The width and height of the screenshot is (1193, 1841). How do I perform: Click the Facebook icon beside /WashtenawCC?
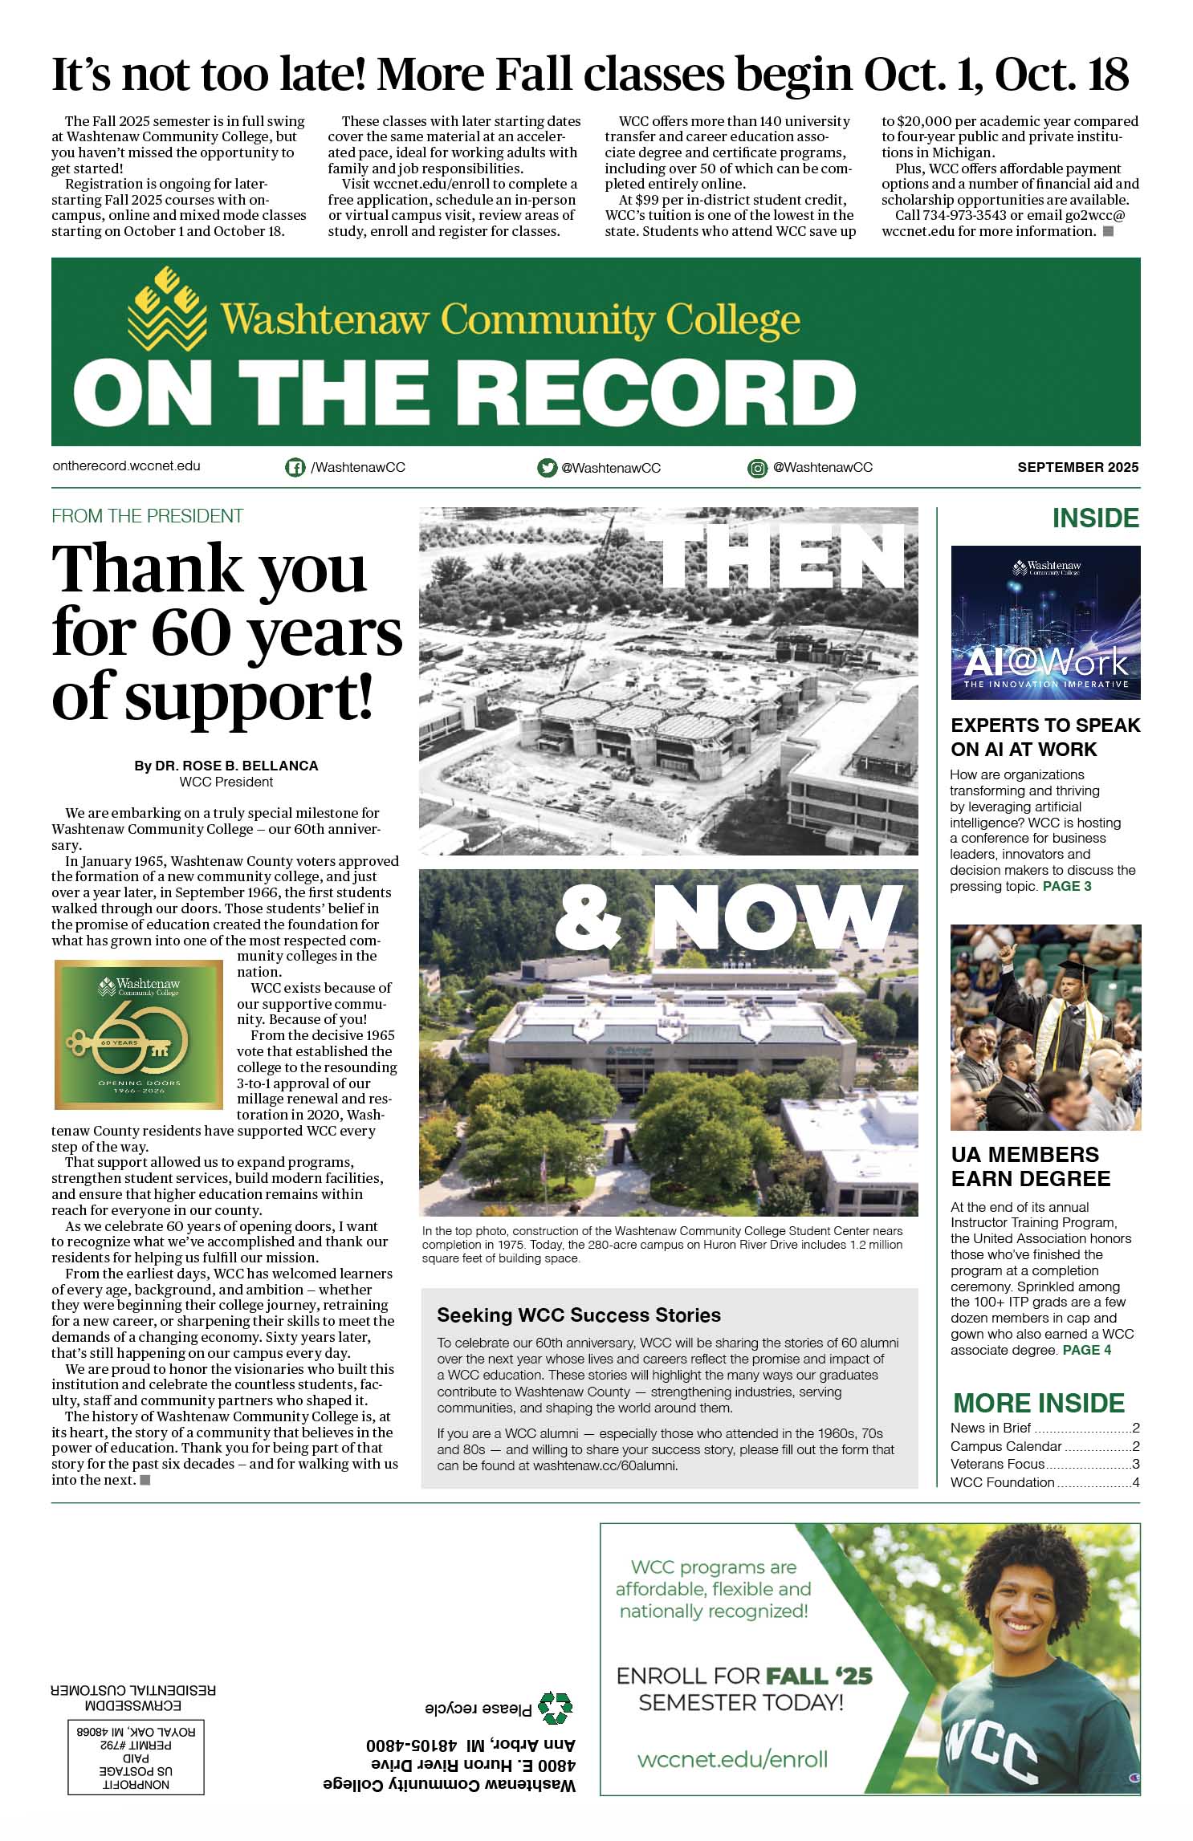coord(295,467)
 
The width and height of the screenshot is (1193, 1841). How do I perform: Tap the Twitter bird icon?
coord(547,468)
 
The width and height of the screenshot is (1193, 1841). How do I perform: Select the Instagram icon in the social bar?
coord(757,468)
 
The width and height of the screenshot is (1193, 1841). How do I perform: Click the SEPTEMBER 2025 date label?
coord(1077,467)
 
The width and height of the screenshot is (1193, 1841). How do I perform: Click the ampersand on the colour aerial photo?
coord(588,917)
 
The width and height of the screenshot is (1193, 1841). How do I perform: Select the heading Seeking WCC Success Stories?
coord(579,1315)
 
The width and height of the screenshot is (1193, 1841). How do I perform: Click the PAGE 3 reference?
coord(1067,887)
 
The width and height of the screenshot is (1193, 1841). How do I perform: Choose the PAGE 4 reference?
coord(1087,1351)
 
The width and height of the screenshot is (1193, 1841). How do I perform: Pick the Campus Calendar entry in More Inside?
coord(1006,1446)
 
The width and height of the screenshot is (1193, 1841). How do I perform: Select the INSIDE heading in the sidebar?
coord(1095,518)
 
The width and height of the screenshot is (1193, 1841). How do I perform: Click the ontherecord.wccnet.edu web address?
coord(126,465)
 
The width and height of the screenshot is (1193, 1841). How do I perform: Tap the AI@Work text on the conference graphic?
coord(1045,662)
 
